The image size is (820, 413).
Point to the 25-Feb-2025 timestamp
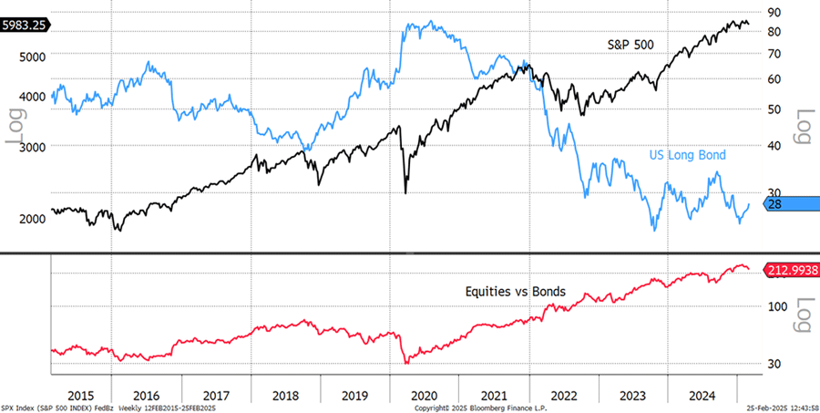[779, 407]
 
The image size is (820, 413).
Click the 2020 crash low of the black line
[405, 192]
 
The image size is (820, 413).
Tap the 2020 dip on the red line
[406, 363]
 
